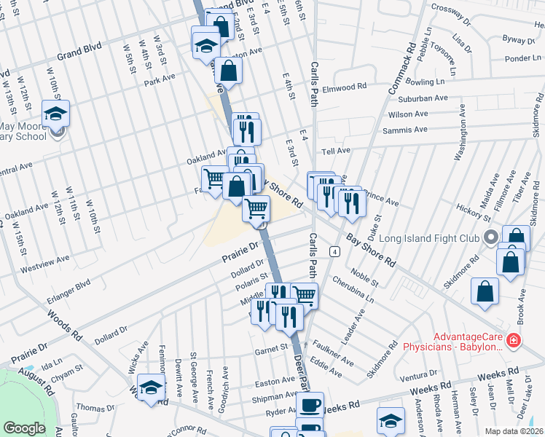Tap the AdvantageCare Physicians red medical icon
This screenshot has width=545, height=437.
pyautogui.click(x=514, y=340)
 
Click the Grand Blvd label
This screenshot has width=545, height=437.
pyautogui.click(x=78, y=54)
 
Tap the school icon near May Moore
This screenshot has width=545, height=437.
pyautogui.click(x=55, y=115)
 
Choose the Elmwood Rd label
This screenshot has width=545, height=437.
pyautogui.click(x=344, y=87)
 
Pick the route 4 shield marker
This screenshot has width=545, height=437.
pyautogui.click(x=334, y=251)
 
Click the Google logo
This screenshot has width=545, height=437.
pyautogui.click(x=24, y=428)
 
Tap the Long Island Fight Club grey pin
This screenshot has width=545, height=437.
pyautogui.click(x=490, y=237)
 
